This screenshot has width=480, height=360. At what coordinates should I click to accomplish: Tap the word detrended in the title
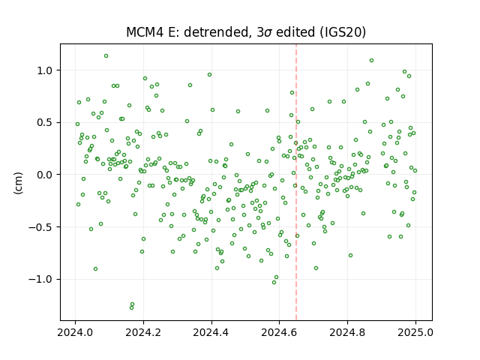tap(215, 32)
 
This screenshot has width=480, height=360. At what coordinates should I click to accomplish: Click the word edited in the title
tap(295, 32)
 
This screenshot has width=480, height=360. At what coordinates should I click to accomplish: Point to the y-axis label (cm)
tap(18, 183)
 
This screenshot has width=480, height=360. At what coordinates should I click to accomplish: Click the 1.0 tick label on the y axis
tap(45, 70)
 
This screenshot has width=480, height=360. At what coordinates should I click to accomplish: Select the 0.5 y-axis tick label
tap(45, 122)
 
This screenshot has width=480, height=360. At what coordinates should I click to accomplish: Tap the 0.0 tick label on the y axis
tap(45, 175)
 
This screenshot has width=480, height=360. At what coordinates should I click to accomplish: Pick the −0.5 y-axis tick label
tap(41, 227)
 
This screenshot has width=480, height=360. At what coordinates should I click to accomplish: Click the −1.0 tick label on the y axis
tap(41, 280)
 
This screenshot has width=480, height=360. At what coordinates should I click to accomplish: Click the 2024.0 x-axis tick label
tap(75, 332)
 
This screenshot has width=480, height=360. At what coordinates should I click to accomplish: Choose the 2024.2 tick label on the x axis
tap(143, 332)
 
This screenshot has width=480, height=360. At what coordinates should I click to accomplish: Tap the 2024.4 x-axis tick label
tap(211, 332)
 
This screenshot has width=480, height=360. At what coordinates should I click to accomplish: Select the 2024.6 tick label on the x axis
tap(279, 332)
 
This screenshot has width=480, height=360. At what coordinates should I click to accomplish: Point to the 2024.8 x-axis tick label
tap(347, 332)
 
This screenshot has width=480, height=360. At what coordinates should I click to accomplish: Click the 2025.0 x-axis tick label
tap(415, 332)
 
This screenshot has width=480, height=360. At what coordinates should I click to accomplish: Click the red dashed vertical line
tap(296, 182)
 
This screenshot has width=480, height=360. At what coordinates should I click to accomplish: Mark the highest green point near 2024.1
tap(106, 56)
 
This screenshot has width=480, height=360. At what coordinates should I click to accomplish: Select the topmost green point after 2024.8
tap(371, 61)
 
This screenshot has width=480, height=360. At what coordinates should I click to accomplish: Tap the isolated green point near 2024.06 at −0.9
tap(95, 268)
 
